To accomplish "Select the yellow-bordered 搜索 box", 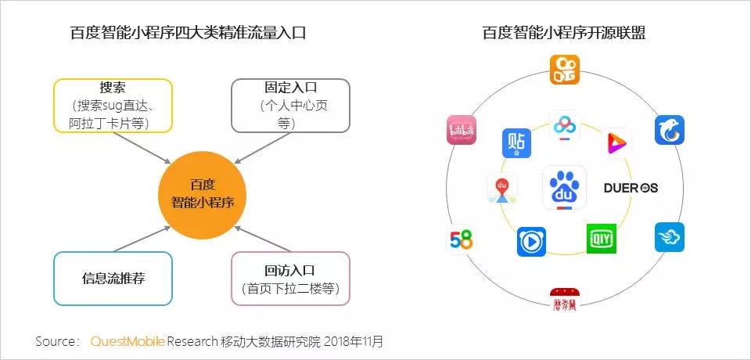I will click(x=112, y=106).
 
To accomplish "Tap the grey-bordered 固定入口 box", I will click(x=290, y=105).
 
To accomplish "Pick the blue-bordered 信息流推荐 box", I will click(x=113, y=278).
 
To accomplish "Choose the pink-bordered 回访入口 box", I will click(x=290, y=278).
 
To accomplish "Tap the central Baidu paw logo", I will click(x=564, y=187).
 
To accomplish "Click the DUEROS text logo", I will click(x=631, y=188).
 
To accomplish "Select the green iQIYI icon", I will click(x=602, y=238).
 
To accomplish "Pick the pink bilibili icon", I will click(x=462, y=130).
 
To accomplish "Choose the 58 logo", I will click(x=462, y=239).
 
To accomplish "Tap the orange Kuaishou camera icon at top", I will click(x=564, y=69).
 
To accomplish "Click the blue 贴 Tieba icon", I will click(x=516, y=143).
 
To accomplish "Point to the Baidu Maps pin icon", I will click(x=502, y=189).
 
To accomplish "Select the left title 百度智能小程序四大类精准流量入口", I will click(x=187, y=33).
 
